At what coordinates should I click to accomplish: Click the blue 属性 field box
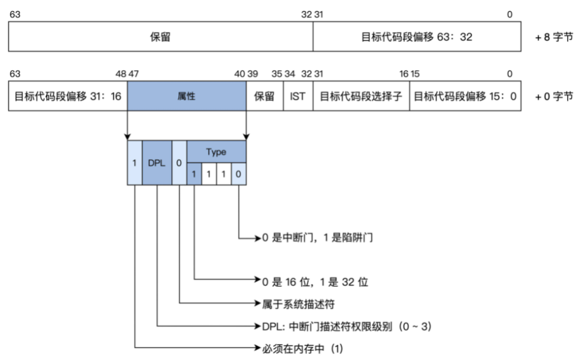pos(186,96)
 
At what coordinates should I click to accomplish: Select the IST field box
pos(297,96)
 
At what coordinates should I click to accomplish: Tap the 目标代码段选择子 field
pos(360,96)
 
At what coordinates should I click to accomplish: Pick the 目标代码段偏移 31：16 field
pos(67,96)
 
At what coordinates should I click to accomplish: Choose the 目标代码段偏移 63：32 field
pos(417,37)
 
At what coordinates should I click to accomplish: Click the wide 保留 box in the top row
pos(160,37)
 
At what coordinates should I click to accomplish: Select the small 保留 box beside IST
pos(264,96)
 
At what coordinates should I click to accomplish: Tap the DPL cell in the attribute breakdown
pos(157,163)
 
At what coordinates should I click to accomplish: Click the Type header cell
pos(216,152)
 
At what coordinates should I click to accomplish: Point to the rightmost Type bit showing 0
pos(239,174)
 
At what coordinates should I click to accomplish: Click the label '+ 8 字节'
pos(554,37)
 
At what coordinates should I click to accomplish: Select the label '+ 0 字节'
pos(554,96)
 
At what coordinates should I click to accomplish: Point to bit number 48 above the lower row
pos(121,74)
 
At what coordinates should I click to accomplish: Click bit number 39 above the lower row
pos(253,74)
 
